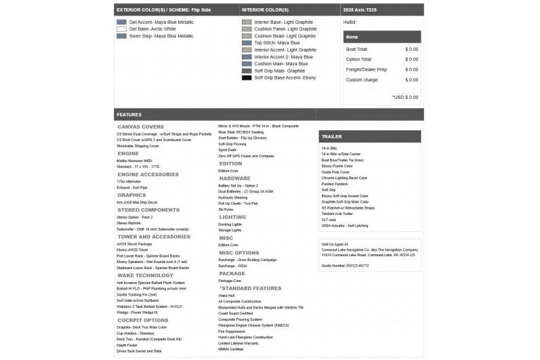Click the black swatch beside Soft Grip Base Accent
(x=247, y=77)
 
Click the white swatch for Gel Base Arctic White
(x=121, y=29)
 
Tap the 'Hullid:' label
(x=350, y=22)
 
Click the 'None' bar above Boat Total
(x=352, y=37)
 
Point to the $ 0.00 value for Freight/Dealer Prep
(x=411, y=69)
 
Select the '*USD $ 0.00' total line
(x=405, y=97)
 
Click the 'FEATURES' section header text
(x=129, y=115)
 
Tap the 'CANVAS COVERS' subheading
(x=140, y=127)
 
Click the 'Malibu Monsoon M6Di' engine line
(x=133, y=160)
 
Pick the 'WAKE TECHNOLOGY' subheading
(x=145, y=275)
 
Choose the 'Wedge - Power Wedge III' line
(x=137, y=313)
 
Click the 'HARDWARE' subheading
(x=234, y=178)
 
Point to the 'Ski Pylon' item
(x=226, y=209)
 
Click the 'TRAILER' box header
(x=331, y=136)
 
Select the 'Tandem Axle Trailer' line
(x=337, y=214)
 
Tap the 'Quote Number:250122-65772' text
(x=345, y=265)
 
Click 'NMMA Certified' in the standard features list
(x=231, y=349)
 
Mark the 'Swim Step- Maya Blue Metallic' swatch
(x=121, y=36)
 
